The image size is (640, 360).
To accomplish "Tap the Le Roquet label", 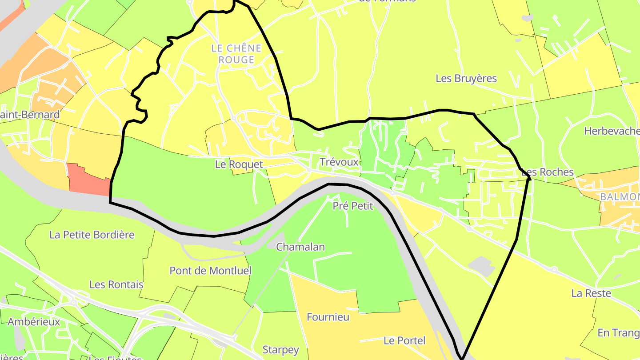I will click(x=239, y=164).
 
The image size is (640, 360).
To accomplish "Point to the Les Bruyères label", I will click(x=466, y=79).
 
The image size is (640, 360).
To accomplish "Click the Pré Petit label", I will click(x=353, y=206).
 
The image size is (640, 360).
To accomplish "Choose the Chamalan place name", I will click(x=300, y=247).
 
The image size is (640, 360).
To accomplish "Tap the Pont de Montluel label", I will click(x=210, y=271).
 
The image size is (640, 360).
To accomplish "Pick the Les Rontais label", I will click(x=116, y=284).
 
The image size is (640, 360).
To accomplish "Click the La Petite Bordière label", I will click(x=92, y=235).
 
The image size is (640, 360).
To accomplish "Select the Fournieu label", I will click(x=328, y=317).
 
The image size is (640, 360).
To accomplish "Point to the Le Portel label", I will click(x=404, y=341).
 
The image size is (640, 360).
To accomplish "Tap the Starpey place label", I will click(x=281, y=350).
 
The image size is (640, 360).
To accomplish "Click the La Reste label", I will click(x=591, y=293).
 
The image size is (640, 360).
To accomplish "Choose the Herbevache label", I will click(x=612, y=131).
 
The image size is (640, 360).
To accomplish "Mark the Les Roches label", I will click(x=548, y=172).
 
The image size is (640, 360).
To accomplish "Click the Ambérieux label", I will click(x=34, y=322).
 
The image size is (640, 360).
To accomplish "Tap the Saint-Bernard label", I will click(x=29, y=115).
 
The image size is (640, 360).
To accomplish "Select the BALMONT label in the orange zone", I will click(x=620, y=196).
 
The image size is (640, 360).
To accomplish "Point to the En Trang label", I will click(x=618, y=332).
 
